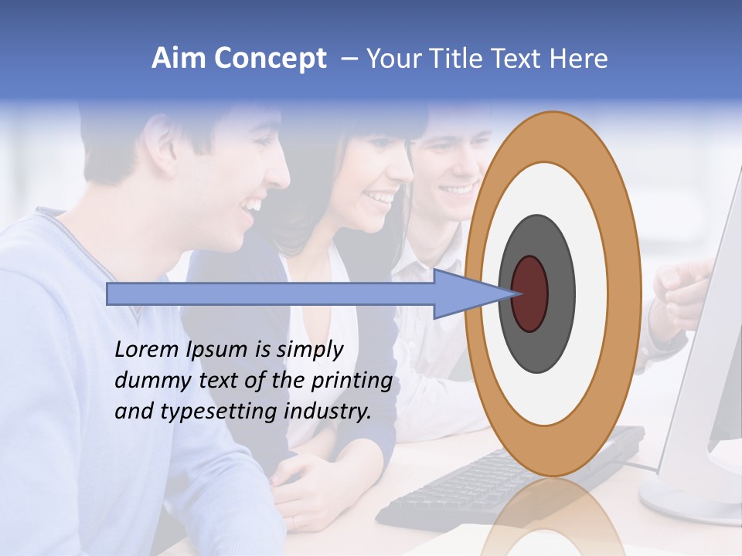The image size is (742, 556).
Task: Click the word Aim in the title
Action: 179,59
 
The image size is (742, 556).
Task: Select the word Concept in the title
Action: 270,59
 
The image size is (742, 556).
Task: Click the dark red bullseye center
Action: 530,293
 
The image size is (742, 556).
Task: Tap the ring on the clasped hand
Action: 293,522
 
